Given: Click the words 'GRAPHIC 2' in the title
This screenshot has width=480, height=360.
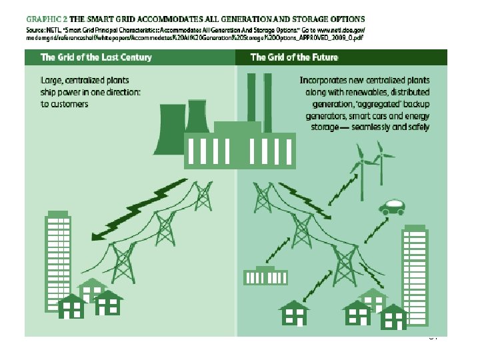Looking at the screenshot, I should (x=45, y=20).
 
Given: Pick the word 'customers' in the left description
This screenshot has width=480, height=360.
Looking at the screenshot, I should (x=69, y=105).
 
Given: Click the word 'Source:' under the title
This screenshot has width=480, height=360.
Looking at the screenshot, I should (x=35, y=31).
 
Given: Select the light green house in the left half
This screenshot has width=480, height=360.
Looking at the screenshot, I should (x=91, y=288).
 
